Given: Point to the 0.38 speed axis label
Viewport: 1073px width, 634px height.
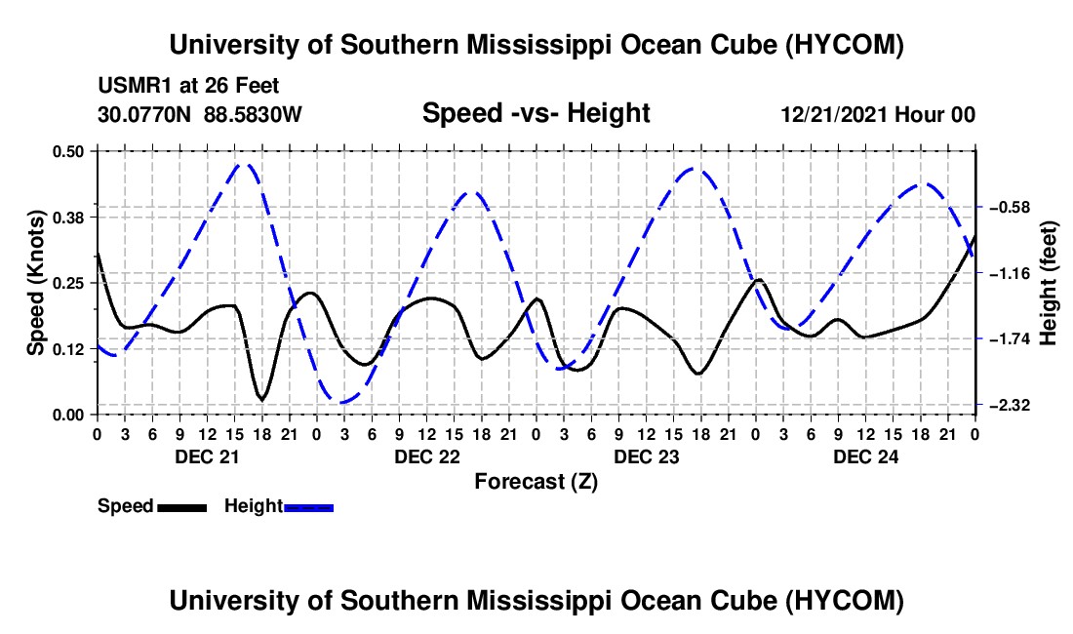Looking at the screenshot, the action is pos(67,218).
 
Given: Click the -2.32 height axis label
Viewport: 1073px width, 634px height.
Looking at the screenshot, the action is pos(1010,406).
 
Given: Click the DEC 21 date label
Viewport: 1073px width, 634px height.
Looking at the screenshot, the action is pos(207,456).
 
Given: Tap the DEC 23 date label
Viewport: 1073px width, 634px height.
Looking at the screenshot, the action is pos(646,456).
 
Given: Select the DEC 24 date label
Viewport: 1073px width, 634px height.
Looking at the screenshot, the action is pos(865,456).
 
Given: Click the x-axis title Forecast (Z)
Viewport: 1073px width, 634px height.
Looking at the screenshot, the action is pos(536,482).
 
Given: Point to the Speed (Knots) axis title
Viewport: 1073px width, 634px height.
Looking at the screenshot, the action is pos(35,283).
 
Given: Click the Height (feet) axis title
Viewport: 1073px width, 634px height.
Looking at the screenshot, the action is pos(1049,283).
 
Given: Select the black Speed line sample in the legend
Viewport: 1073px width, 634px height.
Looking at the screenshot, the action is pos(182,508).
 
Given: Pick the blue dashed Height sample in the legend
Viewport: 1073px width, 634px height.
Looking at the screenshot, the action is pos(308,508).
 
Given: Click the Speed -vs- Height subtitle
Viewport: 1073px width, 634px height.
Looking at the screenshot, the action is pos(536,113).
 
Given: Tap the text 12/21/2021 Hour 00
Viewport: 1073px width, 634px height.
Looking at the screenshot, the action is pos(878,114).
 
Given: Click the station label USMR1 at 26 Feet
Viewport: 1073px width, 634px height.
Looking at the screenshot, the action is pos(188,86).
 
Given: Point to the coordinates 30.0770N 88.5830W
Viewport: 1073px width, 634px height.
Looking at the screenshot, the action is pos(199,114).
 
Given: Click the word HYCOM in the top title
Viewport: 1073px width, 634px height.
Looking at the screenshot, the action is pos(844,45).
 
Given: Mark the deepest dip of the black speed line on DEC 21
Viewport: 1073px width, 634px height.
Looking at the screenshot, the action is pos(261,399).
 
